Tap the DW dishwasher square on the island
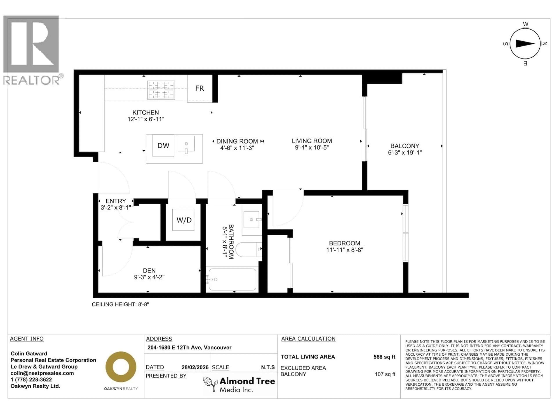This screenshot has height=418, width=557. (163, 146)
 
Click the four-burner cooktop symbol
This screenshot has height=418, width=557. (161, 90)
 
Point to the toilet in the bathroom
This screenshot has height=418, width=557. (248, 249)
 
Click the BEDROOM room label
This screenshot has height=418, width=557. (344, 243)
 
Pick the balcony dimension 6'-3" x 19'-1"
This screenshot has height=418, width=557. (405, 152)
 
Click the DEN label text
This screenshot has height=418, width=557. (149, 271)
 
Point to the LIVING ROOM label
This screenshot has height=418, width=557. (312, 141)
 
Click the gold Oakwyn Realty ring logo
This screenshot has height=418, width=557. (121, 367)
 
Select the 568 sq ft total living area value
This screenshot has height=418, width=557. (384, 357)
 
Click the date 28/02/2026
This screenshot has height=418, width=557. (195, 367)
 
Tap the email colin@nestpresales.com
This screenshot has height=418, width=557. (42, 373)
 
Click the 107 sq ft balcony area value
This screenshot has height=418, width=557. (385, 374)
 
